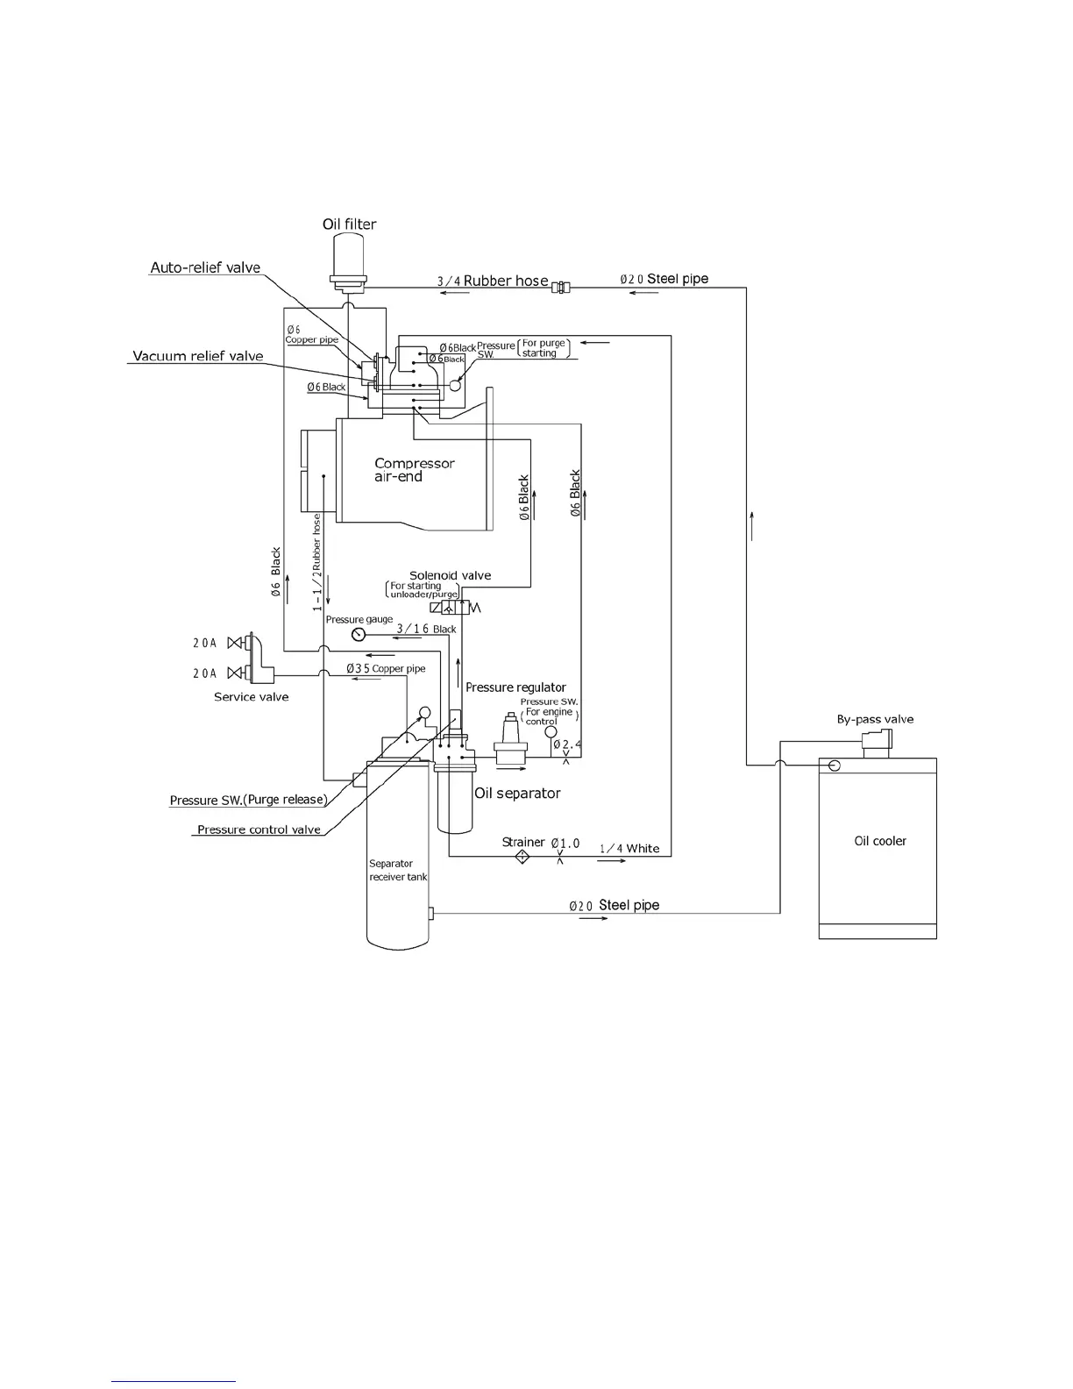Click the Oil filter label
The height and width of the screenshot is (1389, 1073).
pos(349,224)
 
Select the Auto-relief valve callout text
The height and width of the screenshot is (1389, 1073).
pos(205,268)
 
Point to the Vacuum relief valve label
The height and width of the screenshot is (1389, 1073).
pos(197,356)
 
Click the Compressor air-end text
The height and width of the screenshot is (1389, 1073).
pos(414,470)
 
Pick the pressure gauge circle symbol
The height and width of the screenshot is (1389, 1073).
pos(358,635)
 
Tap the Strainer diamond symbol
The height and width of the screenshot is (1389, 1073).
pos(522,857)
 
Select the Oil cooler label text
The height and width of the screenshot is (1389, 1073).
pos(880,841)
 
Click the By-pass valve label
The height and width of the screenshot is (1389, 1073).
pos(875,720)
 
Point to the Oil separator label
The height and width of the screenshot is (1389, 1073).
pos(517,794)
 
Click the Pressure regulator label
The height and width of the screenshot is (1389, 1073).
pos(515,687)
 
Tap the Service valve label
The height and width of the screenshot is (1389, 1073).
pos(252,697)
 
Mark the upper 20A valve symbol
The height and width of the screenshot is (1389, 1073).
pos(235,643)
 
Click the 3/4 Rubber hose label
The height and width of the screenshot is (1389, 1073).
pos(493,281)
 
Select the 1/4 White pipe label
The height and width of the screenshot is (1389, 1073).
pos(629,849)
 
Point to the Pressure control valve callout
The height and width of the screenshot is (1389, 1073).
pos(259,830)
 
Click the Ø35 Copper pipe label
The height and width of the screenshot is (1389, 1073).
pos(386,668)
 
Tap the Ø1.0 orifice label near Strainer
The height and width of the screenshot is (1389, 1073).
pos(565,844)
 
